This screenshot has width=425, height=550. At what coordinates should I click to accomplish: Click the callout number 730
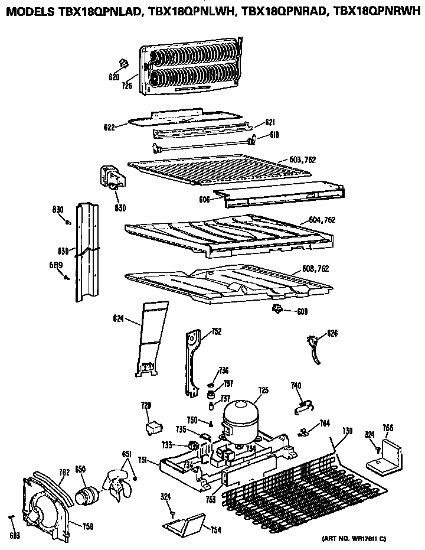pyautogui.click(x=348, y=431)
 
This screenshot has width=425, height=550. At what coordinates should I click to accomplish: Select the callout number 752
pyautogui.click(x=216, y=331)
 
